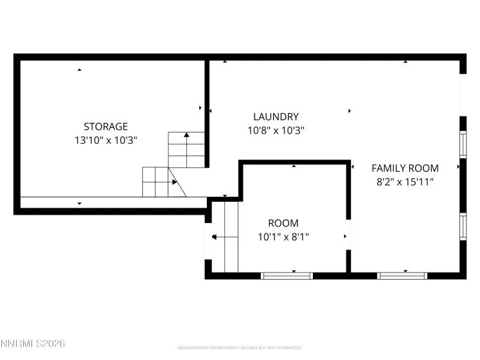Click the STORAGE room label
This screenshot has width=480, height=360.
pyautogui.click(x=105, y=127)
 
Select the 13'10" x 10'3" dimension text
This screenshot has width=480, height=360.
pyautogui.click(x=105, y=139)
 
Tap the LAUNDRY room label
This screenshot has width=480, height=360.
pyautogui.click(x=276, y=117)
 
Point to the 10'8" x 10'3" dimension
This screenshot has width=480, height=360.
pyautogui.click(x=276, y=130)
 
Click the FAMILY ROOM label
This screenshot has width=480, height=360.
pyautogui.click(x=405, y=168)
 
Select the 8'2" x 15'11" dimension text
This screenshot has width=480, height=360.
pyautogui.click(x=405, y=181)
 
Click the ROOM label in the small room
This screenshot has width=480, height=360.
pyautogui.click(x=283, y=223)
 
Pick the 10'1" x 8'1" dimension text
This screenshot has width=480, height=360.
pyautogui.click(x=283, y=236)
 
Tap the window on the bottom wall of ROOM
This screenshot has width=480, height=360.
pyautogui.click(x=287, y=275)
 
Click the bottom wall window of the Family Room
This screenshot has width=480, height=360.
pyautogui.click(x=403, y=275)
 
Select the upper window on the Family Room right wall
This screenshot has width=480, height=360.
pyautogui.click(x=462, y=144)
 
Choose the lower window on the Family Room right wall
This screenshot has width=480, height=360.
pyautogui.click(x=462, y=226)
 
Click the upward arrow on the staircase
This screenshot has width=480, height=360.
pyautogui.click(x=186, y=136)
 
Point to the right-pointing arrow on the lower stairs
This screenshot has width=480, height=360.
pyautogui.click(x=174, y=183)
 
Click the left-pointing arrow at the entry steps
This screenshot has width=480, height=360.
pyautogui.click(x=215, y=237)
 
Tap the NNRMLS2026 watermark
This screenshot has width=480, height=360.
pyautogui.click(x=33, y=345)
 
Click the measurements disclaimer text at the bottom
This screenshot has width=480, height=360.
pyautogui.click(x=240, y=348)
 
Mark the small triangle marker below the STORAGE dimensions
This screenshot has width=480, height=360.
pyautogui.click(x=80, y=203)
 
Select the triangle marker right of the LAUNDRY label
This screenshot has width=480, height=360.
pyautogui.click(x=350, y=111)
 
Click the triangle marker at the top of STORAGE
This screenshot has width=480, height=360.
pyautogui.click(x=80, y=69)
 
